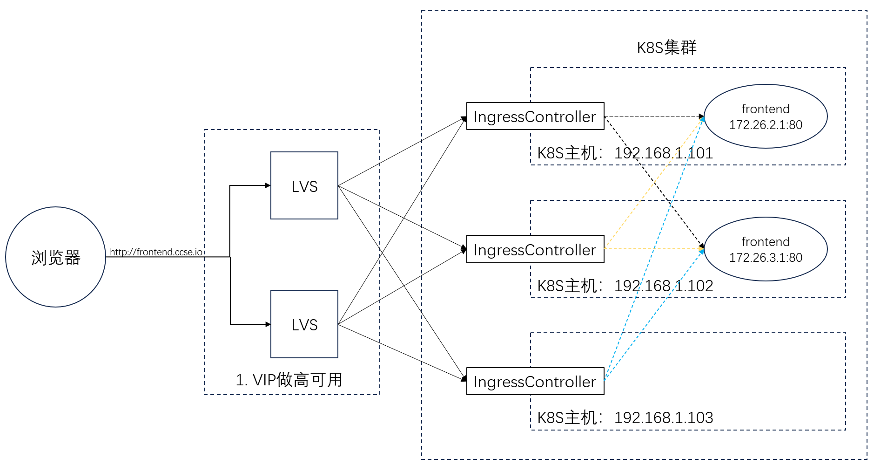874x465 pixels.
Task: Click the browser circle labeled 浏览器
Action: tap(55, 257)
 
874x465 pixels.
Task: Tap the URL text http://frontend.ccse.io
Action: tap(156, 252)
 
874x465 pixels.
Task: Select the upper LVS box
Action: tap(304, 185)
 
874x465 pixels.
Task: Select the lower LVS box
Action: tap(304, 324)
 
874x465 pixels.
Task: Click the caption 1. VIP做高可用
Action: tap(289, 380)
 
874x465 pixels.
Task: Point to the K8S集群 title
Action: tap(666, 48)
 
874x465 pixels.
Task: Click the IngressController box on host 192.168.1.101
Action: tap(535, 116)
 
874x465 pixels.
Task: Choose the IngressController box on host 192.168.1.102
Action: tap(535, 250)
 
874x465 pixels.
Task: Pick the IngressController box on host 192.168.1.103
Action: tap(535, 382)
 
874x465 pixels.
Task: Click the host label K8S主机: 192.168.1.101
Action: tap(625, 153)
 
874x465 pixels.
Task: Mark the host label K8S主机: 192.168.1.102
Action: tap(625, 286)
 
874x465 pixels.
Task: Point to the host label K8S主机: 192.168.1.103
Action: tap(625, 417)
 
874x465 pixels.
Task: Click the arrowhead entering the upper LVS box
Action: tap(268, 185)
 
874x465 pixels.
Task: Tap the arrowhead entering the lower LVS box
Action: tap(268, 324)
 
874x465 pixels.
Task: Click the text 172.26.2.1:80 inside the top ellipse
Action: tap(766, 125)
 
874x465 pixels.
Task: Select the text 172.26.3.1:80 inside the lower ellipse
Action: tap(766, 258)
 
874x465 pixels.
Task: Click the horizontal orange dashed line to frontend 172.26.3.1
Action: tap(652, 249)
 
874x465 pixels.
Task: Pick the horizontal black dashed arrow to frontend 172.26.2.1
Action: tap(652, 116)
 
